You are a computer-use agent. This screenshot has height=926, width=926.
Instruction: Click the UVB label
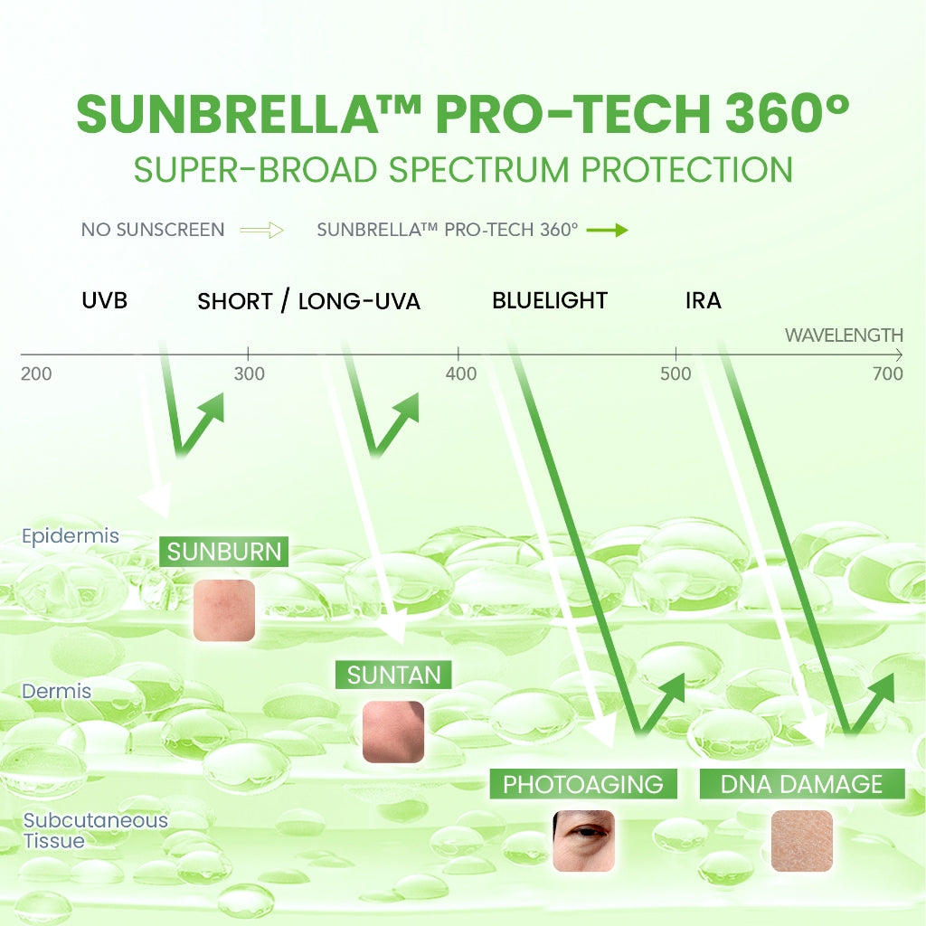click(104, 300)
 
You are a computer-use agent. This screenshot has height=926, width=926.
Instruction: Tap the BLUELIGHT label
click(550, 300)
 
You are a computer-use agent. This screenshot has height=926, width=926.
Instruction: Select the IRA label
click(704, 300)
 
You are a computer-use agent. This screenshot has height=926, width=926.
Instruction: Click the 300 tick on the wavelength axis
click(249, 373)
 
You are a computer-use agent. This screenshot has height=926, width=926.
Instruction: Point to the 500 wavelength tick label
click(676, 373)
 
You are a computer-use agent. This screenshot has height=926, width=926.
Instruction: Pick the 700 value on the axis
click(888, 373)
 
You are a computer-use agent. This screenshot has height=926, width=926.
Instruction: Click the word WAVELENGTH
click(844, 335)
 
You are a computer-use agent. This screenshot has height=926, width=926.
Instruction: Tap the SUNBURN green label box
click(223, 551)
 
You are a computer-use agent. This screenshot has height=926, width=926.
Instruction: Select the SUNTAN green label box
click(393, 674)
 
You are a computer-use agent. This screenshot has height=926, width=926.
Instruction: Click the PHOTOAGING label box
click(583, 783)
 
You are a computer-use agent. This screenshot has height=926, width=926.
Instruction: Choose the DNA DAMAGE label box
click(802, 783)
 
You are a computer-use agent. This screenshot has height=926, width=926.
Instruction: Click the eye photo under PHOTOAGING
click(583, 840)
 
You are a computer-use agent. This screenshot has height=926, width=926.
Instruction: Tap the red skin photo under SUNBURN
click(224, 610)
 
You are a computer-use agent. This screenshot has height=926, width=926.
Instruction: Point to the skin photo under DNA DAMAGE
click(801, 840)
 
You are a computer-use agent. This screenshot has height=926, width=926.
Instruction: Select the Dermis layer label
click(57, 691)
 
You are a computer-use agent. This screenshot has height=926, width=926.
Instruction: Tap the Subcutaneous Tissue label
click(95, 830)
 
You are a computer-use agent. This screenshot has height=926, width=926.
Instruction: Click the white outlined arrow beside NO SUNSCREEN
click(262, 230)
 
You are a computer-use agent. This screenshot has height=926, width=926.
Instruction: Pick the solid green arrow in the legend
click(607, 230)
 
